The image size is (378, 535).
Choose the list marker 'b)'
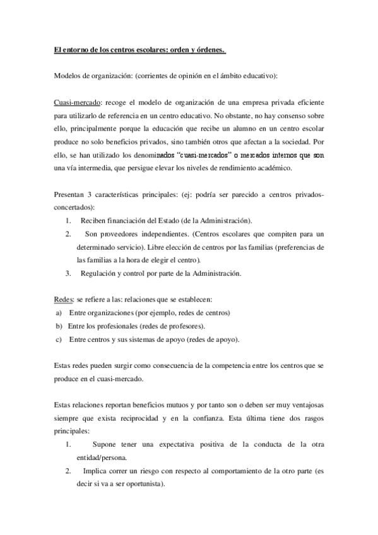(59, 326)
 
